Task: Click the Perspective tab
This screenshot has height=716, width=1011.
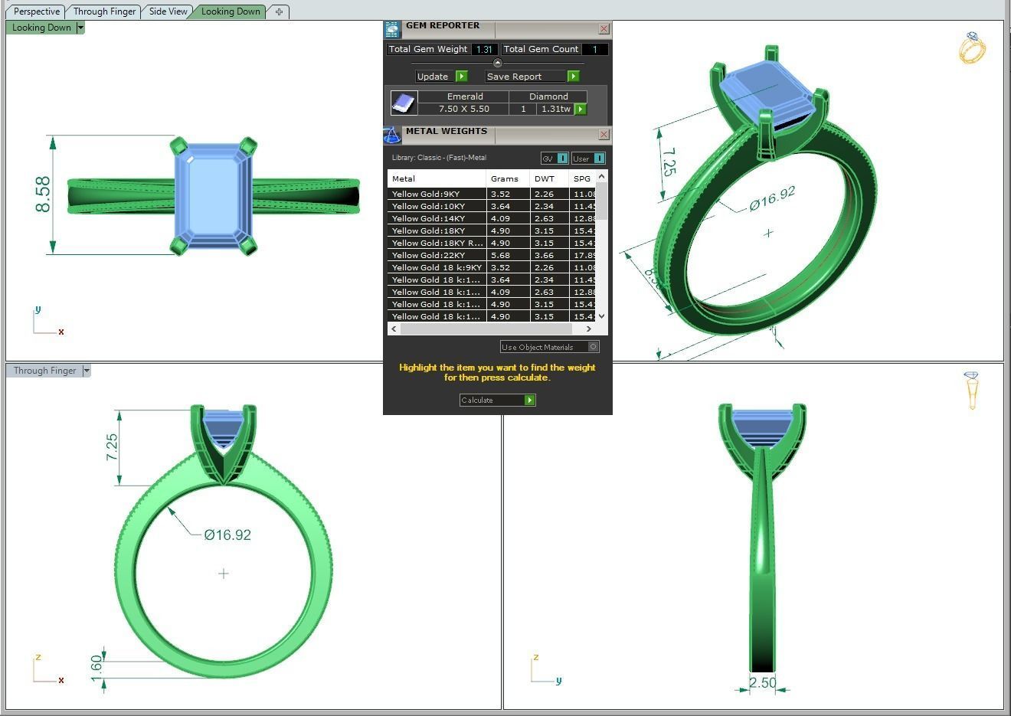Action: click(x=36, y=11)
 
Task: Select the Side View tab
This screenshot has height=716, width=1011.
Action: click(x=168, y=11)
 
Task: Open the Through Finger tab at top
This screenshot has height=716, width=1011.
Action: click(x=104, y=11)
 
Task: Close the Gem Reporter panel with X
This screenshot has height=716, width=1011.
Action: click(x=604, y=29)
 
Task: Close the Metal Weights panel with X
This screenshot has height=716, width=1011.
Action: click(x=604, y=135)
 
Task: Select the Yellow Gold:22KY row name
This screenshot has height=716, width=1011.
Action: click(x=428, y=255)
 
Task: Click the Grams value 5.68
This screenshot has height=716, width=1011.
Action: click(x=500, y=255)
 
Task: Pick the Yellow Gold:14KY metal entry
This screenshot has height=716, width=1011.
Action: click(x=428, y=218)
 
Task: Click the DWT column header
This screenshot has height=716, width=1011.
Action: click(x=544, y=178)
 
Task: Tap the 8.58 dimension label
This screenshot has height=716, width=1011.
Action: click(x=43, y=195)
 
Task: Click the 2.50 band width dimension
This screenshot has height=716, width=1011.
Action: click(x=762, y=682)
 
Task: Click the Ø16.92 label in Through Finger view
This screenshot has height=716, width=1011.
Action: click(x=227, y=535)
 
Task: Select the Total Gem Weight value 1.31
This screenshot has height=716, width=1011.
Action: click(x=483, y=49)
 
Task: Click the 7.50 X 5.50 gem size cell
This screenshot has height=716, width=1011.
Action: click(x=463, y=109)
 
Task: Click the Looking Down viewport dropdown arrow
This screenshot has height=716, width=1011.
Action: click(x=80, y=28)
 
